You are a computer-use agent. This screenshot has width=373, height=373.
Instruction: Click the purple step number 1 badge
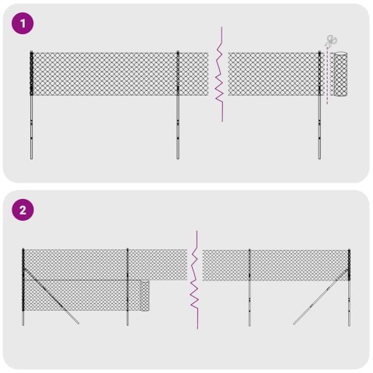coord(24,24)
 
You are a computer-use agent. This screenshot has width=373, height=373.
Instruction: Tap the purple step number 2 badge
coord(24,211)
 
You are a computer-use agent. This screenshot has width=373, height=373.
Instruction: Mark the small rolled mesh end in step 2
coord(145,295)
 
